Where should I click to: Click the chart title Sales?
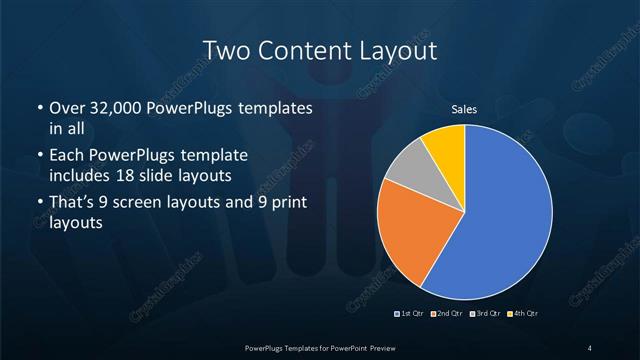point(464,110)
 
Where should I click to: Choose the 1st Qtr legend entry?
point(411,314)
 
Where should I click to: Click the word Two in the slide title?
point(226,50)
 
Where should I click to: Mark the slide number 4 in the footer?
point(590,347)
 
